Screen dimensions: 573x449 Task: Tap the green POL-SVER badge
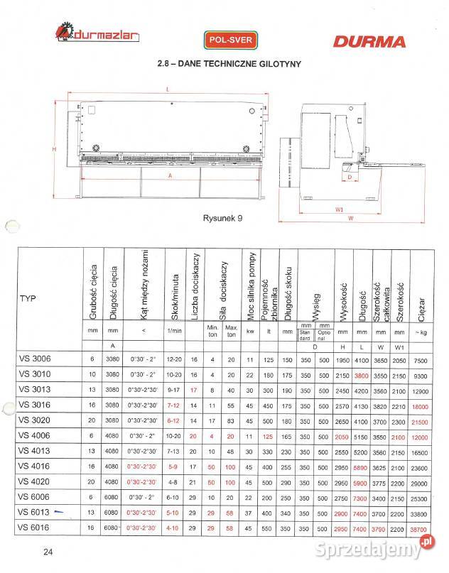tap(229, 40)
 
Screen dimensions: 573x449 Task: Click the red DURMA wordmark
tap(370, 41)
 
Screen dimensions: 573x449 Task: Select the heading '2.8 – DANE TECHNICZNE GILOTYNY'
tap(229, 64)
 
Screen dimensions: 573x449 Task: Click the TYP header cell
tap(28, 298)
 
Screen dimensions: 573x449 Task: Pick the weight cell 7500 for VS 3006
tap(421, 359)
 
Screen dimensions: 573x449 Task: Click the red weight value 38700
tap(421, 528)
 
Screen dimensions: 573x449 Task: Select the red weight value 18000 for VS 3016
tap(421, 405)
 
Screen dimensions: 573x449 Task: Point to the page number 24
tap(48, 552)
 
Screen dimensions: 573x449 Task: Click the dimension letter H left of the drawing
tap(54, 149)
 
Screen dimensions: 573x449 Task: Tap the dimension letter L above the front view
tap(167, 89)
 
